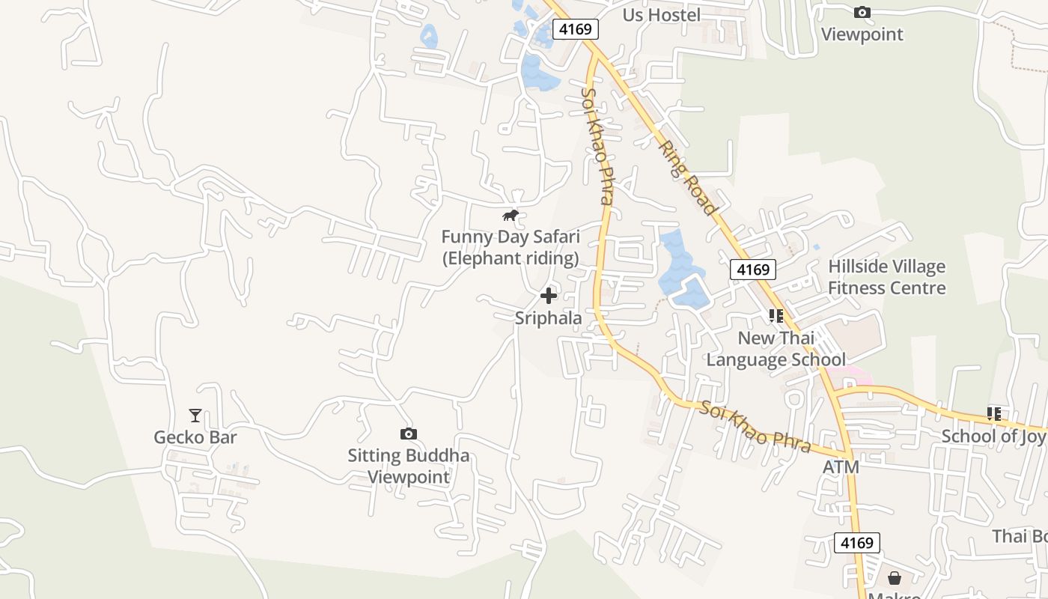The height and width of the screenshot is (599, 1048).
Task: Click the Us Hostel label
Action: (x=662, y=15)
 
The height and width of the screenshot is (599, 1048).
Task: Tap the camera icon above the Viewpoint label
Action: (x=862, y=13)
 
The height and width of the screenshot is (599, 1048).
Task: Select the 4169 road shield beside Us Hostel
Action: (x=576, y=29)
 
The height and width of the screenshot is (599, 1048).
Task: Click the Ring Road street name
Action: (x=689, y=177)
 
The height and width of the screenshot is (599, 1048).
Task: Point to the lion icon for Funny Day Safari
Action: (x=511, y=216)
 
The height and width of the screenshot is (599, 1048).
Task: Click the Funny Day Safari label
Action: (x=511, y=248)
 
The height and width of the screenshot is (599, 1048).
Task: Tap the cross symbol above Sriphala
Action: (x=549, y=296)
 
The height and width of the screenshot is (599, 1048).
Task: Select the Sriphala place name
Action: (x=549, y=318)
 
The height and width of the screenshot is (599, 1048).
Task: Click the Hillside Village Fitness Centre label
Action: (x=887, y=277)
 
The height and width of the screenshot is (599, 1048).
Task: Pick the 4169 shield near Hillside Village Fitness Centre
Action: (x=753, y=270)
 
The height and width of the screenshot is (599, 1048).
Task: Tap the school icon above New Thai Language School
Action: (x=776, y=316)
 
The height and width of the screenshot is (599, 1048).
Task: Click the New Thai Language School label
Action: (x=776, y=349)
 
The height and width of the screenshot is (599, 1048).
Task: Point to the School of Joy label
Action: (x=993, y=436)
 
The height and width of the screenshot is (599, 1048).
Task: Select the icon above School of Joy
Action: (x=994, y=414)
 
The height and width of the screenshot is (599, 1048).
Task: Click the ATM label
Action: (x=841, y=467)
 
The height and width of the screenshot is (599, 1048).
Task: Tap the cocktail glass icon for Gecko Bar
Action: (x=195, y=415)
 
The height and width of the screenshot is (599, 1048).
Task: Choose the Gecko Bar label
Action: (x=195, y=437)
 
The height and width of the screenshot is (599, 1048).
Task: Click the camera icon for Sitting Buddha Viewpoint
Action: (x=408, y=434)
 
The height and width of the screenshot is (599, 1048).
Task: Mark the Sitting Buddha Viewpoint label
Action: (x=409, y=466)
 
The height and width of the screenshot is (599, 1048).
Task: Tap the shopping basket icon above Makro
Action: (x=895, y=578)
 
